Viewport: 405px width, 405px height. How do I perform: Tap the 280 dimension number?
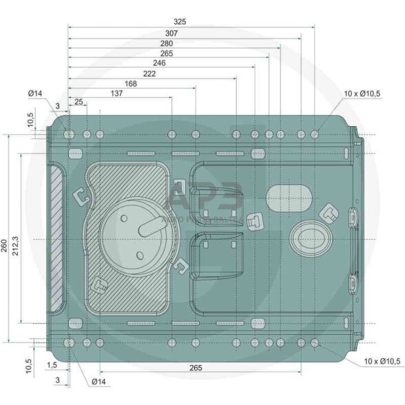[167, 43]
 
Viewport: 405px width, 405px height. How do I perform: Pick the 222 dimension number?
[149, 73]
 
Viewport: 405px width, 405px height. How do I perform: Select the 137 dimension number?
[116, 93]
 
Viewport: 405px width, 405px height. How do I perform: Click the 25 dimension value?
[79, 102]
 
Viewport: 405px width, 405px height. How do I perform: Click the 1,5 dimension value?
[52, 365]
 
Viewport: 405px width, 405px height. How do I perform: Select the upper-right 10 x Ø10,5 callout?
[362, 93]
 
